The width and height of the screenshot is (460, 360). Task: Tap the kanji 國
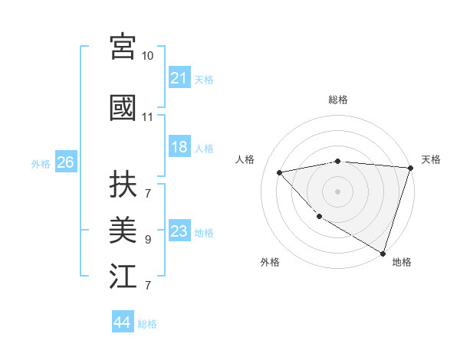(x=123, y=108)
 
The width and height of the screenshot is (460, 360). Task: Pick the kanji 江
(x=123, y=276)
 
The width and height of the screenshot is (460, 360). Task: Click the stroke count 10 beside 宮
(x=148, y=56)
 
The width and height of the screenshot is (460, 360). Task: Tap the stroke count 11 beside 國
(x=148, y=117)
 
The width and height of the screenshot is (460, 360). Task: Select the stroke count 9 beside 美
(x=148, y=240)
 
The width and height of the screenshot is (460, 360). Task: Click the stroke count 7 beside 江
(x=148, y=286)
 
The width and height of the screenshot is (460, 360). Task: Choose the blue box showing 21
(x=179, y=78)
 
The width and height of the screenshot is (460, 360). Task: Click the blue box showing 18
(x=179, y=148)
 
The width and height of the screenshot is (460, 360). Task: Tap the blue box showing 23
(x=179, y=232)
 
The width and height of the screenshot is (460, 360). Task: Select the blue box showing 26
(x=65, y=162)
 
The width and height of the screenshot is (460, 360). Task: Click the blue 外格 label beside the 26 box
(x=41, y=163)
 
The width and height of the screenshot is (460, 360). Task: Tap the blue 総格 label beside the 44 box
(x=147, y=324)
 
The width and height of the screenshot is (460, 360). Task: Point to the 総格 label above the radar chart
(x=337, y=100)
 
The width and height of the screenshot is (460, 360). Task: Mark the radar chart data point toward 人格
(x=280, y=172)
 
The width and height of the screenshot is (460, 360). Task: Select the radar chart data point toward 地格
(x=383, y=252)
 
